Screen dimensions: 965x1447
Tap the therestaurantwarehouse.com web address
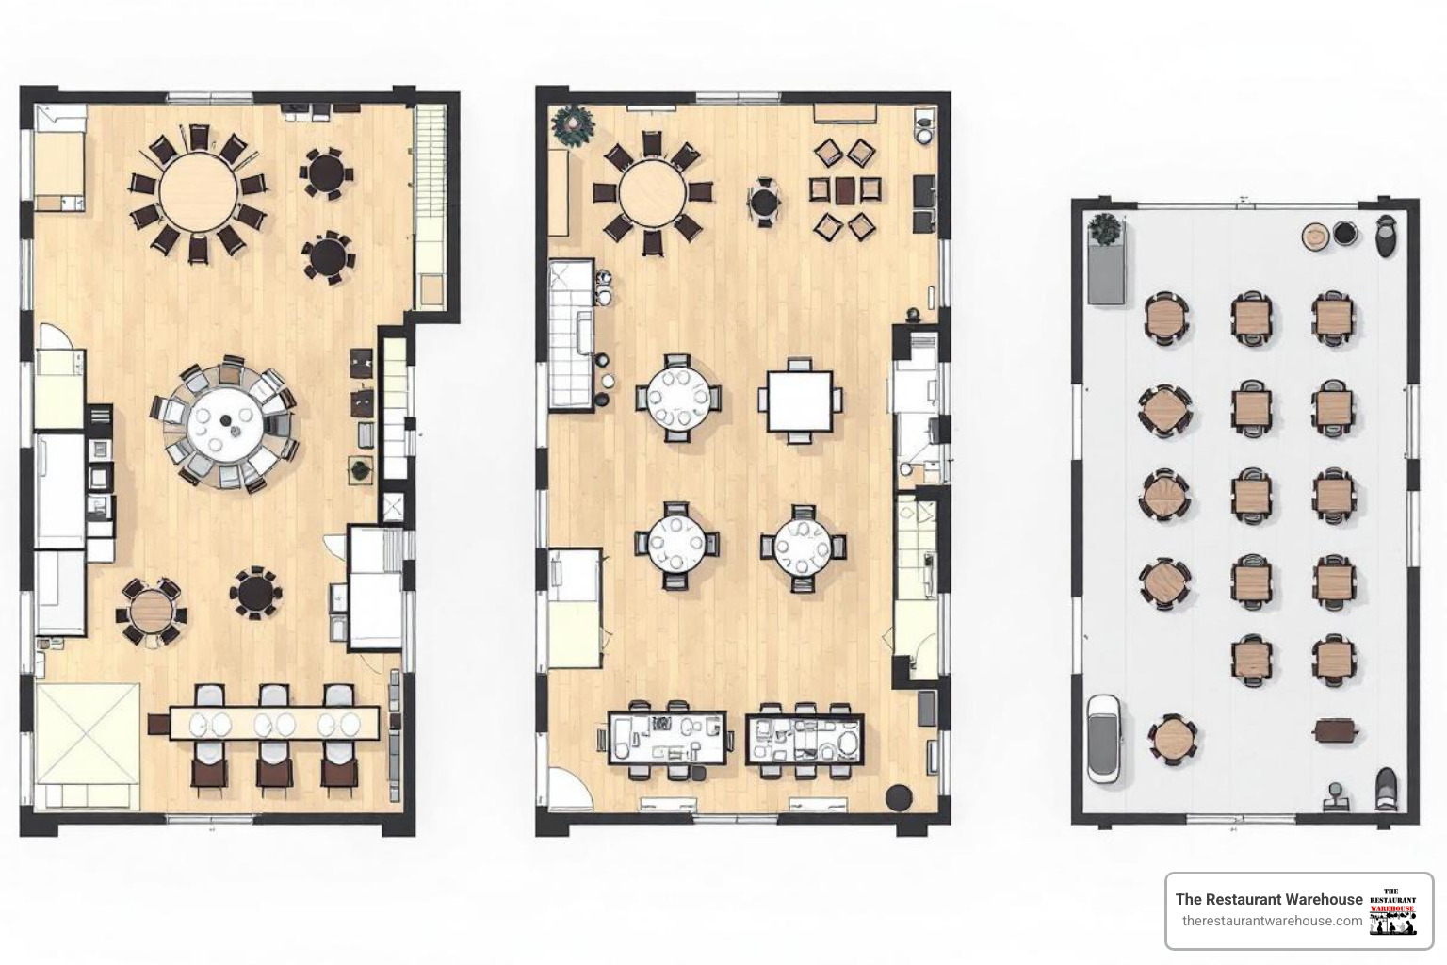click(x=1272, y=921)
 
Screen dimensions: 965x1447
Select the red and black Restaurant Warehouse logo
click(x=1393, y=910)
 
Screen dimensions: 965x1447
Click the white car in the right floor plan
click(x=1103, y=738)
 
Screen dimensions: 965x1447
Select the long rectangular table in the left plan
click(x=274, y=723)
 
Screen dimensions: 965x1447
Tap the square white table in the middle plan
click(x=800, y=401)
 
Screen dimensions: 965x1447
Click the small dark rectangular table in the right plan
click(x=1336, y=729)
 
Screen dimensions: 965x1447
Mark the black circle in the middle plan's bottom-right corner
click(x=899, y=797)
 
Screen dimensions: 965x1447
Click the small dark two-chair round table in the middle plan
click(x=764, y=202)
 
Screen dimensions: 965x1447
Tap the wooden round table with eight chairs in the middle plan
click(x=653, y=193)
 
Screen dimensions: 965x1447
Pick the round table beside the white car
click(x=1172, y=738)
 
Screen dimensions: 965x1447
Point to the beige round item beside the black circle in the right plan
click(x=1315, y=237)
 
